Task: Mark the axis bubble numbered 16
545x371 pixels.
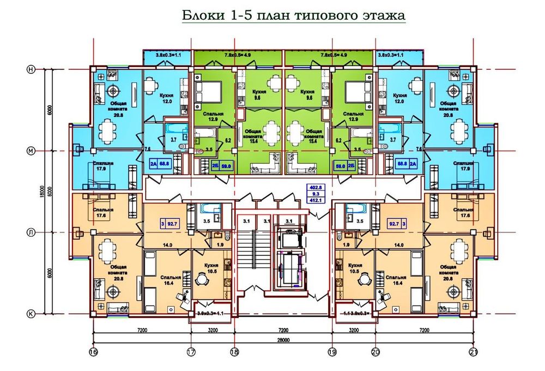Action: tap(93, 352)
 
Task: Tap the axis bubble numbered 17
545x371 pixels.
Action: tap(191, 352)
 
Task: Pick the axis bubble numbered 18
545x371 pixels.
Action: tap(235, 352)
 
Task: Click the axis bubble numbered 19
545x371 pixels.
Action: tap(332, 352)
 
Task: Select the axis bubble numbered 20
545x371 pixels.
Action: tap(376, 352)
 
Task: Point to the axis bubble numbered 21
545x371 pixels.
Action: tap(474, 352)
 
